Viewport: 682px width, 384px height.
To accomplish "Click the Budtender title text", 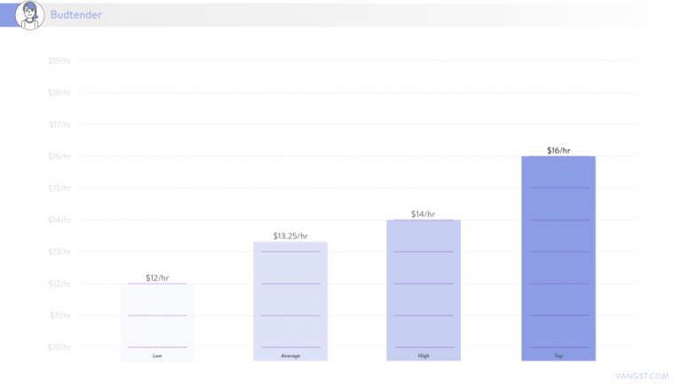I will (x=75, y=14).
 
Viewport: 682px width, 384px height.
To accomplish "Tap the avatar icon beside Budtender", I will (x=29, y=13).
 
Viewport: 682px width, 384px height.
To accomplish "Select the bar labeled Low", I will (x=157, y=320).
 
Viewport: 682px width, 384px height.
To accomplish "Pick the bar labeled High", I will (x=424, y=289).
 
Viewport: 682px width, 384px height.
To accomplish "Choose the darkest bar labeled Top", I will (x=558, y=258).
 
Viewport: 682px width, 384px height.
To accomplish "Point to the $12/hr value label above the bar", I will (x=157, y=278).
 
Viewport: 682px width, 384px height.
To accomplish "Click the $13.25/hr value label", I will (x=290, y=236).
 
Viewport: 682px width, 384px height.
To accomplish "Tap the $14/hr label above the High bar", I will (x=424, y=214).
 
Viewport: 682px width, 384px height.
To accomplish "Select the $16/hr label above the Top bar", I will (x=559, y=150).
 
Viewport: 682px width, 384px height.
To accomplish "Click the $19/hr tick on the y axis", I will (x=59, y=60).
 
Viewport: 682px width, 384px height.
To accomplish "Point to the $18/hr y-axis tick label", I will (x=59, y=92).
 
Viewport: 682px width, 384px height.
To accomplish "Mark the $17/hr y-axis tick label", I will (x=59, y=124).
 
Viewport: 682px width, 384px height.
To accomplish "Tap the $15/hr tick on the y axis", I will (x=59, y=188).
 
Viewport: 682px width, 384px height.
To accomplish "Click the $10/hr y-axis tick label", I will (x=59, y=347).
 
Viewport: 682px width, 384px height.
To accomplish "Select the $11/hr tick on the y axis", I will (x=59, y=315).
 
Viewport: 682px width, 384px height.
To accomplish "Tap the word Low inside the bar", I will (x=157, y=356).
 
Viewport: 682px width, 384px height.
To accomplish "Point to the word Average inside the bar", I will (x=290, y=356).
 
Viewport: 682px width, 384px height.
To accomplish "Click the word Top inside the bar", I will (x=558, y=356).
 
